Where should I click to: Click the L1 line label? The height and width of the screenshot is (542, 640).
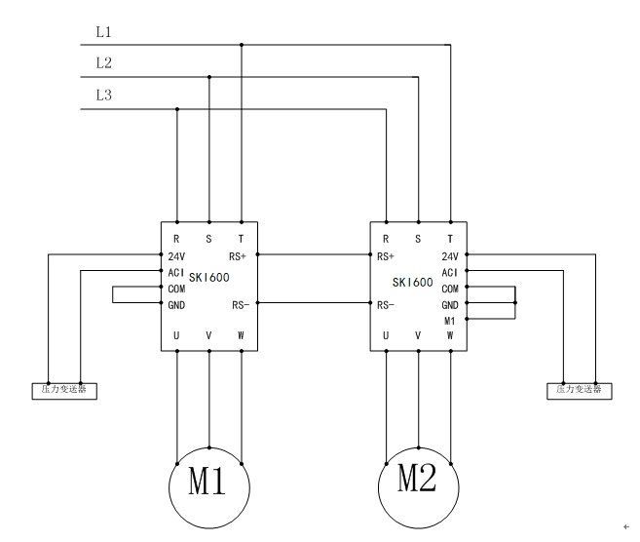pyautogui.click(x=103, y=32)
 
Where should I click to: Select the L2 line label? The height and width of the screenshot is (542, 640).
pyautogui.click(x=103, y=63)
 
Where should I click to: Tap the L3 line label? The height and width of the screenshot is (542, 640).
pyautogui.click(x=103, y=95)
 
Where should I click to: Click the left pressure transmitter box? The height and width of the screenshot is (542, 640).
pyautogui.click(x=64, y=390)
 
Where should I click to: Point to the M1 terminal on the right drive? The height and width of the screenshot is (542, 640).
pyautogui.click(x=449, y=320)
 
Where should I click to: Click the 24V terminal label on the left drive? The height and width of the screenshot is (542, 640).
pyautogui.click(x=176, y=257)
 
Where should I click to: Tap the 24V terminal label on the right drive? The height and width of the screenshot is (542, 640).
pyautogui.click(x=449, y=257)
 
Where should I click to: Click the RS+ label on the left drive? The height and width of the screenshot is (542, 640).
pyautogui.click(x=237, y=257)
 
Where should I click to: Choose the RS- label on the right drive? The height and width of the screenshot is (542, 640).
pyautogui.click(x=385, y=305)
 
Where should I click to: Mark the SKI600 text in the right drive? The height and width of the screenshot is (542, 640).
pyautogui.click(x=412, y=283)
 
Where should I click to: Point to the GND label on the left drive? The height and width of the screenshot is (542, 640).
pyautogui.click(x=176, y=305)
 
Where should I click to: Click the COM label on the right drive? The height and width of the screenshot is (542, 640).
pyautogui.click(x=449, y=289)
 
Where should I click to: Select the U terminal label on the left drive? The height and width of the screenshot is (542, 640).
pyautogui.click(x=176, y=336)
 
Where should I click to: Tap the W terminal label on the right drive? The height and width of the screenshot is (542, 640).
pyautogui.click(x=449, y=336)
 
